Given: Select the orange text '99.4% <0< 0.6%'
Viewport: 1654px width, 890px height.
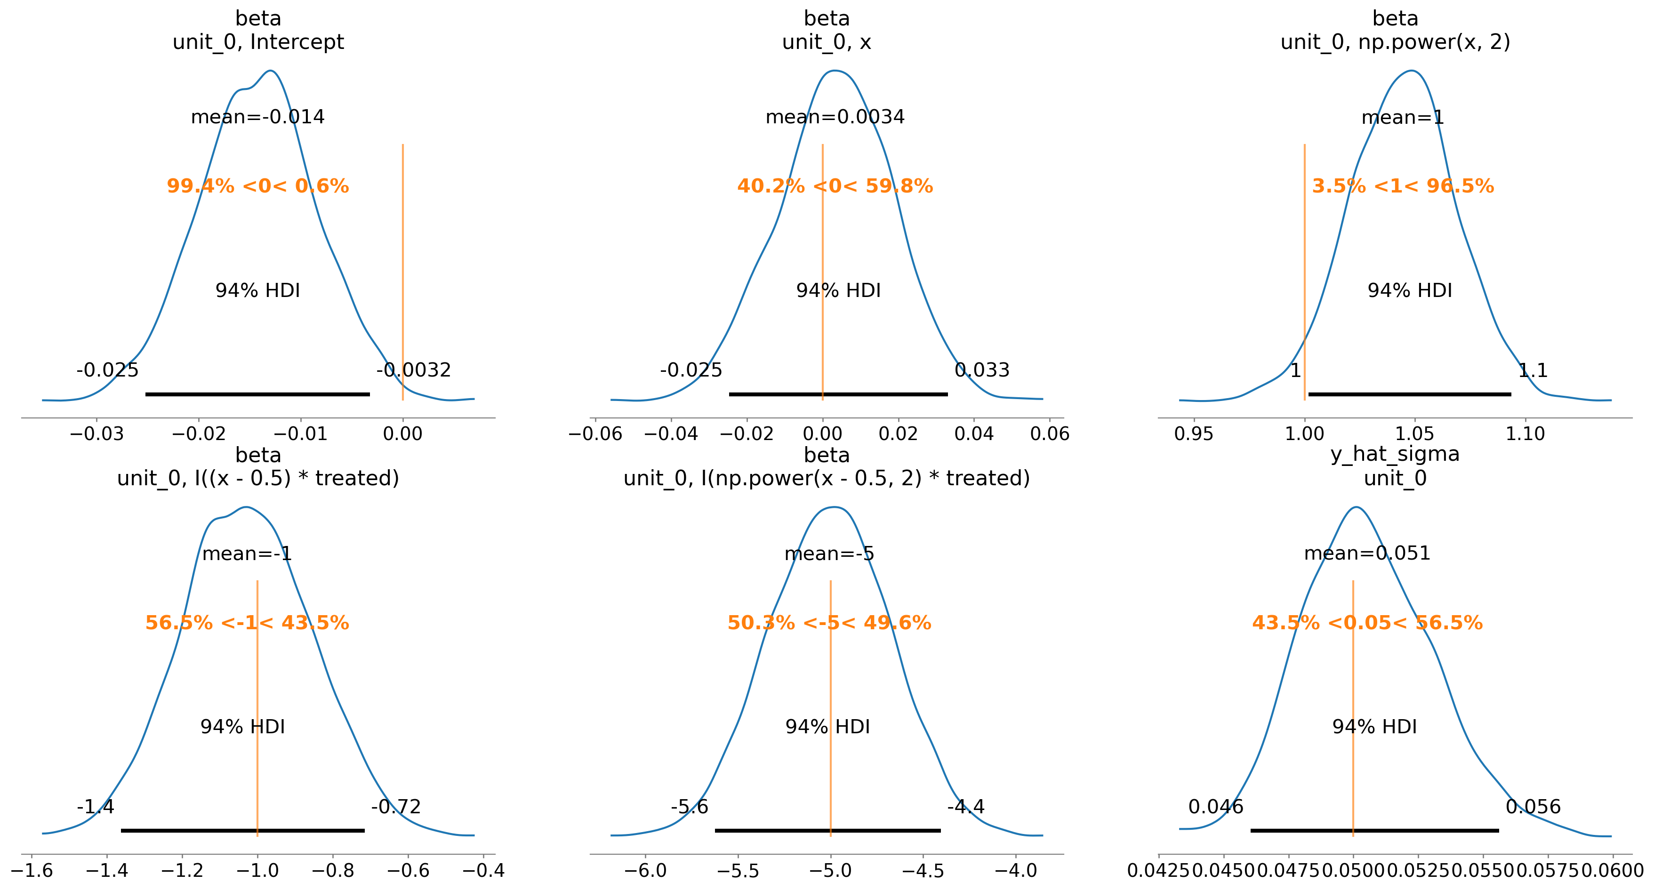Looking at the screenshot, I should click(x=257, y=186).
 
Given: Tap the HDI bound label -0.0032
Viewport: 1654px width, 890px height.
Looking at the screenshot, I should click(x=413, y=370).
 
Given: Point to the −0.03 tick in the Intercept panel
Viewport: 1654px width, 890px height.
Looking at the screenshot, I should click(x=96, y=434).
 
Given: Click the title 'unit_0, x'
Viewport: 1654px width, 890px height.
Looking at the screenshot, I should click(x=827, y=42).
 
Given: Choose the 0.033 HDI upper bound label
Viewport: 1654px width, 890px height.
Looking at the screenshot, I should click(x=982, y=370).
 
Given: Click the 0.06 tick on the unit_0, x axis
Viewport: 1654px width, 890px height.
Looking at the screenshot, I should click(x=1050, y=434).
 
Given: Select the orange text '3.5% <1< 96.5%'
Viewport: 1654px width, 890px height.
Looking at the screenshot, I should click(x=1403, y=186).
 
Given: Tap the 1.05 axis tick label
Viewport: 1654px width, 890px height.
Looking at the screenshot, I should click(x=1414, y=434).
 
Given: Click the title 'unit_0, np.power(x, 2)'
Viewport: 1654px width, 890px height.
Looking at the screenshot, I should click(x=1395, y=42).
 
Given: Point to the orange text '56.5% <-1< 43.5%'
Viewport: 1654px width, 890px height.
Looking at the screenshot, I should click(x=247, y=623).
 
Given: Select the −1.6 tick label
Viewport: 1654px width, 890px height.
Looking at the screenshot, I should click(x=32, y=871).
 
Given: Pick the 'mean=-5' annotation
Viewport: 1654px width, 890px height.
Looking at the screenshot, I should click(x=829, y=553).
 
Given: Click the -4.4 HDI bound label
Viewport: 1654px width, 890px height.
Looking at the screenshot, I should click(x=966, y=807).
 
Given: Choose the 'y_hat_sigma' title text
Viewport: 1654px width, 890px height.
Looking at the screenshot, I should click(x=1395, y=454).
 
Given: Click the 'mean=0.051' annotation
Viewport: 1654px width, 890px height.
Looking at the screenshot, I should click(x=1367, y=553).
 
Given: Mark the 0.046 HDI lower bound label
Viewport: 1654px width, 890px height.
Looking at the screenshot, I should click(x=1215, y=807).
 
